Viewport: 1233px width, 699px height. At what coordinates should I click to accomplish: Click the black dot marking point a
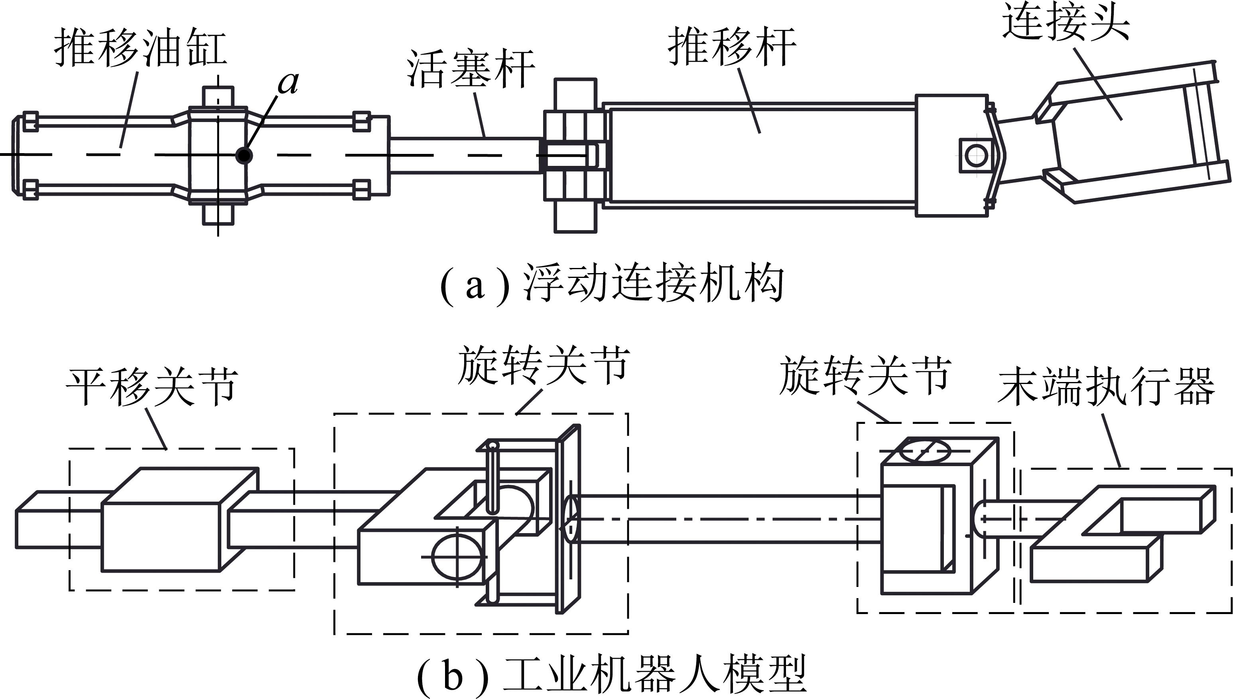click(244, 155)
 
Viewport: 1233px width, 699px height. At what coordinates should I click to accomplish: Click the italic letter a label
click(288, 83)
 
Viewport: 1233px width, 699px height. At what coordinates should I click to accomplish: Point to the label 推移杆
click(731, 47)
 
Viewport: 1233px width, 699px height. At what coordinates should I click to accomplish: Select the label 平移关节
click(152, 387)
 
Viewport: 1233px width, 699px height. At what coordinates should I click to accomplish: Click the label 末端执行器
click(1106, 387)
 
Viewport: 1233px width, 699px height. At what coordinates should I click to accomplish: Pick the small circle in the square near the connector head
click(976, 156)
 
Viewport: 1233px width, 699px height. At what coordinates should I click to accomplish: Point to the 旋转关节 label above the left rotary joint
click(543, 365)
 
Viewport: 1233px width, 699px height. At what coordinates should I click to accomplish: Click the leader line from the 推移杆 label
click(749, 101)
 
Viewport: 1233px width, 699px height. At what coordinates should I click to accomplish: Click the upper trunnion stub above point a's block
click(218, 96)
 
